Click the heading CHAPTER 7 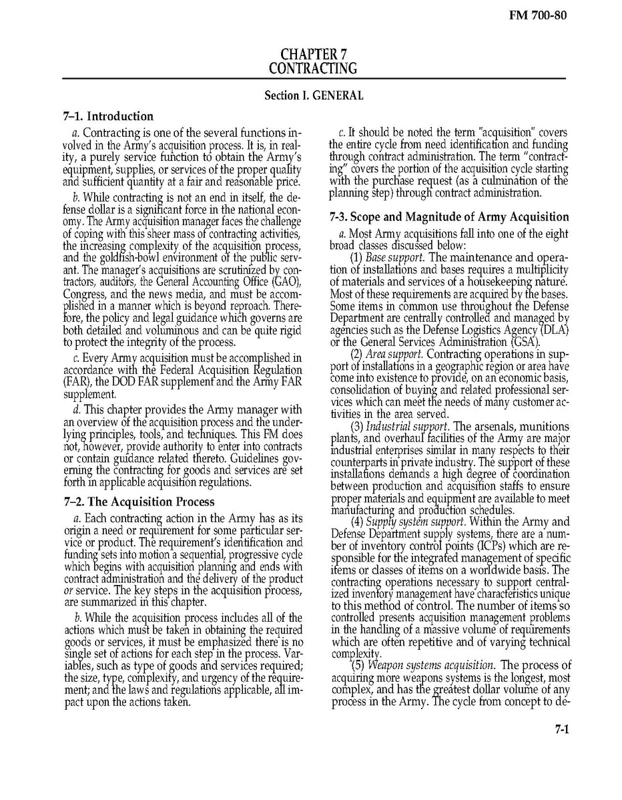pos(313,54)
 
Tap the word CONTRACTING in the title pos(313,68)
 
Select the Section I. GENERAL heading pos(314,95)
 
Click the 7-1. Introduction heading pos(108,116)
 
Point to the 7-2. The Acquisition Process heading pos(139,502)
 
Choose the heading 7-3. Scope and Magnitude pos(450,217)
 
